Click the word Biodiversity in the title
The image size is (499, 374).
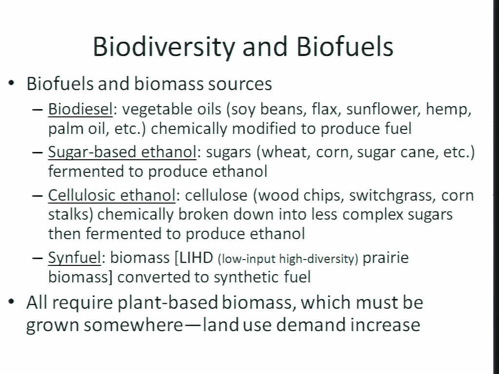(164, 47)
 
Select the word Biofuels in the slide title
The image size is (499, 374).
(345, 46)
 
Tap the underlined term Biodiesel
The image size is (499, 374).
(80, 110)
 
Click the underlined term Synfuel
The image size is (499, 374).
(75, 258)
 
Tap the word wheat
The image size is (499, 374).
(286, 152)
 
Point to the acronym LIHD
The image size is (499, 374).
(196, 258)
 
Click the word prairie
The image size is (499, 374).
(385, 258)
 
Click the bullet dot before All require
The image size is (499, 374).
(12, 301)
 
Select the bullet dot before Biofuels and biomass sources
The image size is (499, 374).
(12, 83)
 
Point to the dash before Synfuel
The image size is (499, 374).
(38, 258)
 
